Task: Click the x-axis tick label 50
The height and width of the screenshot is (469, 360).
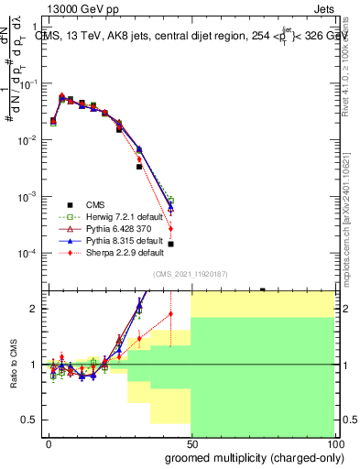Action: [x=191, y=443]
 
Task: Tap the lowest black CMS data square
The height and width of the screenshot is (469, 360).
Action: [x=171, y=245]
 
